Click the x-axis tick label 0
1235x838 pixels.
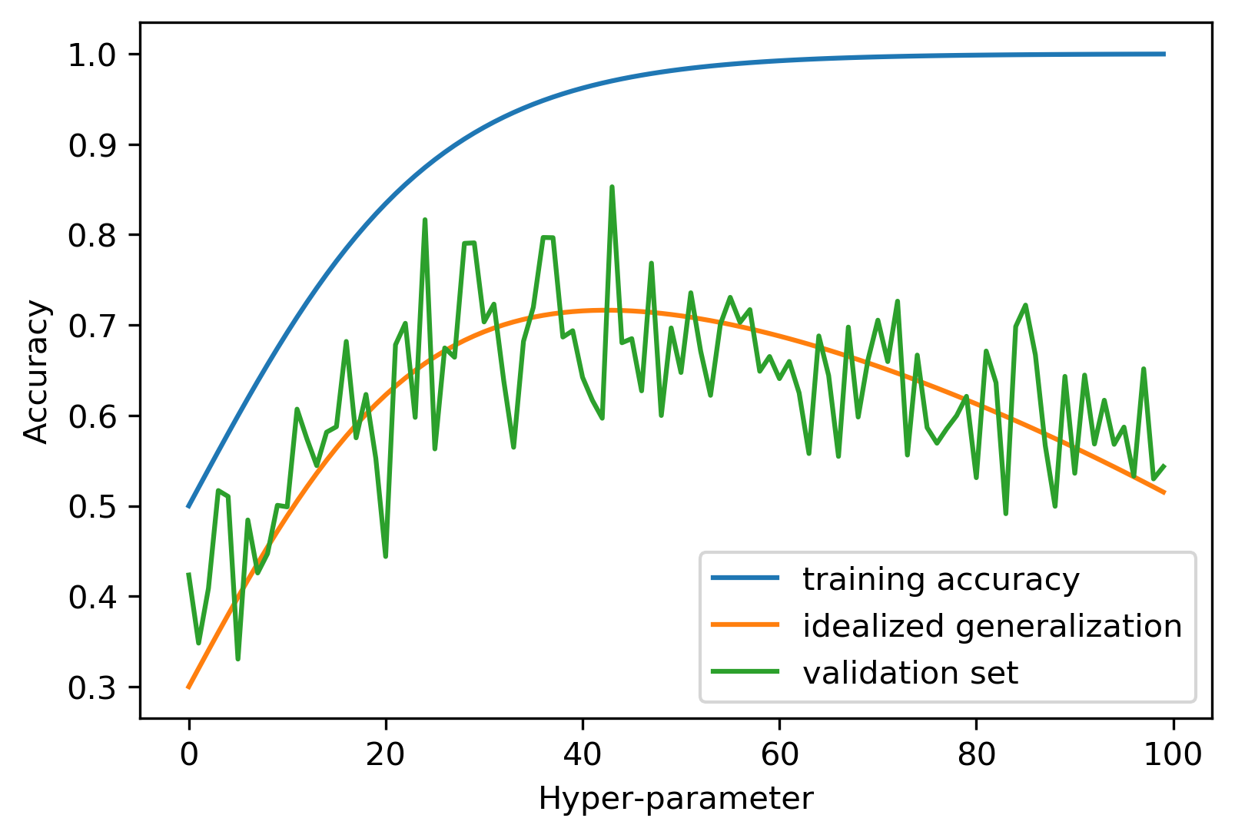189,754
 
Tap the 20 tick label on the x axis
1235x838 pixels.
385,754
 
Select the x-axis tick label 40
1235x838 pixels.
582,754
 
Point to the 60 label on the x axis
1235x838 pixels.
779,754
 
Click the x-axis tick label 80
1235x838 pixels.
976,754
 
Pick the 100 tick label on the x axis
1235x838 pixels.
1173,754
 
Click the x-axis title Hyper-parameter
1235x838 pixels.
676,799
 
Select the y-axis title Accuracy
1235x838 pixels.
36,372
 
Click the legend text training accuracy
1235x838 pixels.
941,579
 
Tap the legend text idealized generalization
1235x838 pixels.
991,626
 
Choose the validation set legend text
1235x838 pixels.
910,673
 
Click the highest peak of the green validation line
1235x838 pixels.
612,187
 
